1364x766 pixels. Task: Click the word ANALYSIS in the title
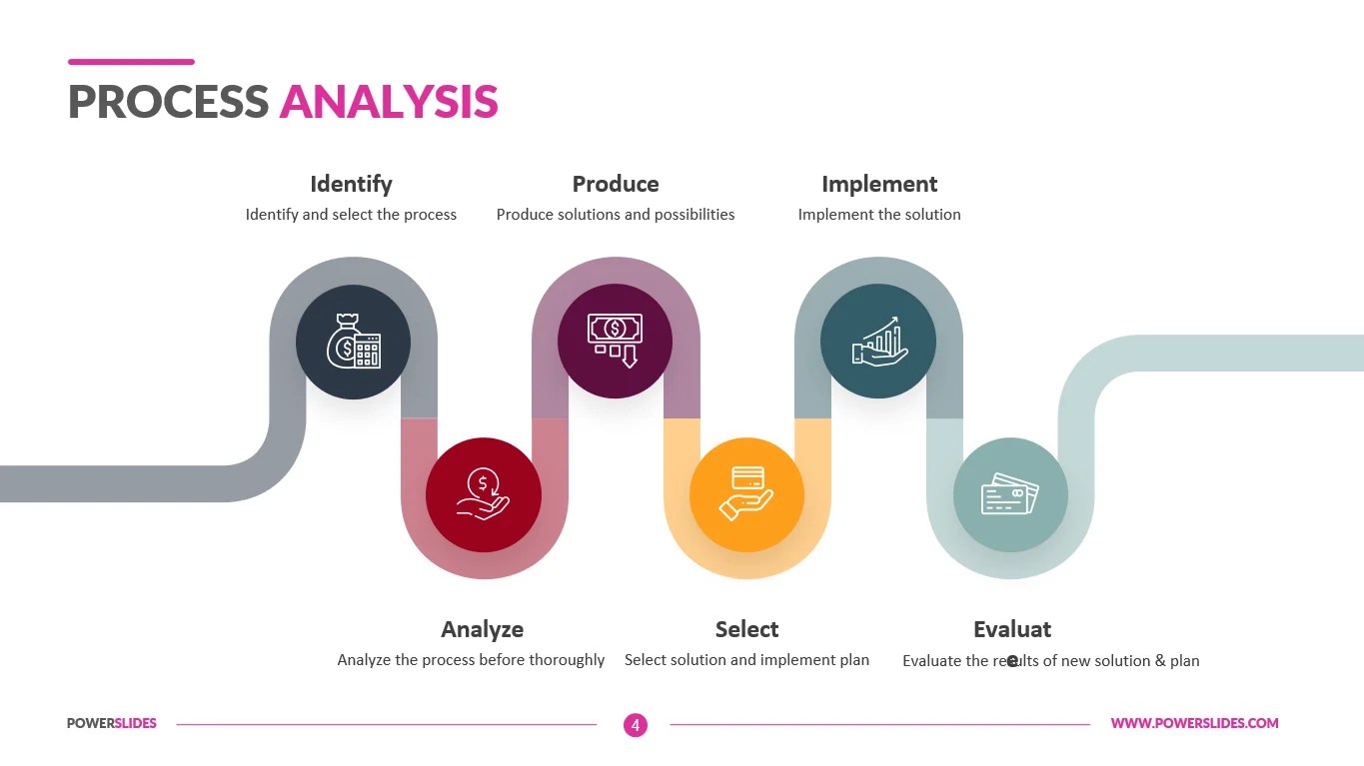(x=389, y=102)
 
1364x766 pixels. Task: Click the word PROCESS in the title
(x=168, y=102)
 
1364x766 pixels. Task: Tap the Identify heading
(x=351, y=184)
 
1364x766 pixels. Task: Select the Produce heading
(x=616, y=184)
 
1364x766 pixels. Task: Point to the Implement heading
(x=879, y=184)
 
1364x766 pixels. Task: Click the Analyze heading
(x=483, y=629)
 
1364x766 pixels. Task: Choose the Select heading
(x=746, y=629)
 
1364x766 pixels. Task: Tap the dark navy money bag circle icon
(x=353, y=342)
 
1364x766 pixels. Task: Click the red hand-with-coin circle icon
(x=484, y=494)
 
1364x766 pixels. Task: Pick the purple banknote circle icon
(x=615, y=342)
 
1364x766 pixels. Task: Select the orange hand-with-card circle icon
(x=746, y=494)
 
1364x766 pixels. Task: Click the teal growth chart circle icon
(x=878, y=342)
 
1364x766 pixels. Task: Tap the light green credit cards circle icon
(x=1010, y=494)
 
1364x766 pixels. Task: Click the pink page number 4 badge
(x=636, y=725)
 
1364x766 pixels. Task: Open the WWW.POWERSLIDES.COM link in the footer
(x=1194, y=723)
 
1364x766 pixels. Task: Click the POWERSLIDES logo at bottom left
(x=112, y=723)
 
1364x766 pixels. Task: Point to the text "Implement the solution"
(x=879, y=215)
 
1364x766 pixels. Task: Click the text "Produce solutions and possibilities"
(x=616, y=215)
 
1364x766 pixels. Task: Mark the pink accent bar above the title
(x=131, y=62)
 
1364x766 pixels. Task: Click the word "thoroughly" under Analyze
(x=567, y=660)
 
